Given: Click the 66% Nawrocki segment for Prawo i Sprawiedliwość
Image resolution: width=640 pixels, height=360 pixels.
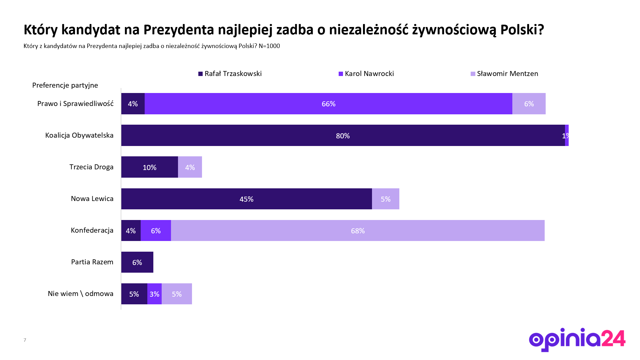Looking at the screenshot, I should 328,104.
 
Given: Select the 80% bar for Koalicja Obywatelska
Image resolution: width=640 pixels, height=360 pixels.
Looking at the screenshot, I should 343,135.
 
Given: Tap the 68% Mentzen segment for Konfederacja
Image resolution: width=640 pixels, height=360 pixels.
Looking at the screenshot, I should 358,231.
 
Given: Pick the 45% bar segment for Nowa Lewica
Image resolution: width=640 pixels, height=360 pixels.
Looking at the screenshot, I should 246,199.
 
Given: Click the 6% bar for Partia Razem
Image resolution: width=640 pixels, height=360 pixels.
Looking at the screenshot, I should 137,262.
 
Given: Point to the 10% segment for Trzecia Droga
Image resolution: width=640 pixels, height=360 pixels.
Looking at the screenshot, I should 149,167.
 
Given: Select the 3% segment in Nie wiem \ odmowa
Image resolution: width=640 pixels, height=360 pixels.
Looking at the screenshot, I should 154,294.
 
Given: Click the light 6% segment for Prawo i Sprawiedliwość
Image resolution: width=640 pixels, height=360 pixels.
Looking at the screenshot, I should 529,104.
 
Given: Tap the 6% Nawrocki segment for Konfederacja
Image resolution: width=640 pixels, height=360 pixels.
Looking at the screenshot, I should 156,231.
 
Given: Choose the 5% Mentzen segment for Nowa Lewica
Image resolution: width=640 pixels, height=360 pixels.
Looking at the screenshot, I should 385,199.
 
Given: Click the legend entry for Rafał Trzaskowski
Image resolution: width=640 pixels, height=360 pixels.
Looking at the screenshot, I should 230,74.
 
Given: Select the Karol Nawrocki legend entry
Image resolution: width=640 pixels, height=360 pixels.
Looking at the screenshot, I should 366,74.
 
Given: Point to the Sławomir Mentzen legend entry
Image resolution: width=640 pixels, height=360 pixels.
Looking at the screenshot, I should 504,74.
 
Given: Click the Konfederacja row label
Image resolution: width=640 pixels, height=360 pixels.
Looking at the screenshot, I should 92,230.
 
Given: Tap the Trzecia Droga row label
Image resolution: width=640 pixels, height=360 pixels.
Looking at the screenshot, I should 91,167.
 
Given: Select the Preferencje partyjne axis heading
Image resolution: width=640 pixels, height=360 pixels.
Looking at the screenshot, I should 65,85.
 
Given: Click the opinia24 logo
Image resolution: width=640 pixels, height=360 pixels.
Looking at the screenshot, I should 577,339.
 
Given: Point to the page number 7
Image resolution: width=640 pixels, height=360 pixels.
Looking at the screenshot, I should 25,340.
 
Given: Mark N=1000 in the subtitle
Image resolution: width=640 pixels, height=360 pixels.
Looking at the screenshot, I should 269,46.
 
